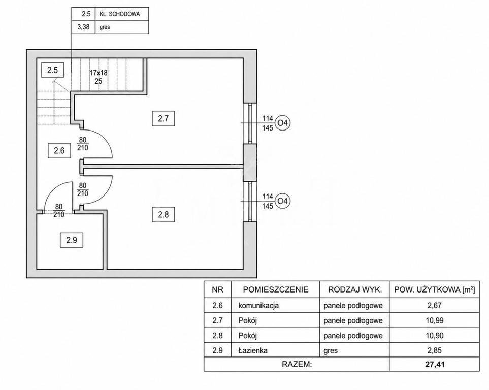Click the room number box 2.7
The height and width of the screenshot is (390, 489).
click(163, 118)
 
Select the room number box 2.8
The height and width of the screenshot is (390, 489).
click(163, 215)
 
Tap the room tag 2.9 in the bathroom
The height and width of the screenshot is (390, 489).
click(72, 240)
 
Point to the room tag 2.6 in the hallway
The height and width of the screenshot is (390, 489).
click(59, 151)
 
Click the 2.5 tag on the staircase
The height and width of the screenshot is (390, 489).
click(52, 70)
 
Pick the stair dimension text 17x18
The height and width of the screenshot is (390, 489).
click(98, 73)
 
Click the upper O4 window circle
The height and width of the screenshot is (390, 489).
click(282, 123)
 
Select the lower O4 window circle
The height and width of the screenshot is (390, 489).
click(282, 201)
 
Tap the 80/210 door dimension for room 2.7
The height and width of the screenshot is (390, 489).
click(83, 144)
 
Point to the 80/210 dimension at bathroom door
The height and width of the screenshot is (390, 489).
click(59, 211)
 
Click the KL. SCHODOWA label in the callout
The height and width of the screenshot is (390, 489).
click(119, 14)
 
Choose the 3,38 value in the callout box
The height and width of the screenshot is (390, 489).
click(83, 27)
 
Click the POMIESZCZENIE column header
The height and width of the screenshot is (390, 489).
click(276, 289)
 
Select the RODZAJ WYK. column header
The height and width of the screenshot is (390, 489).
click(355, 289)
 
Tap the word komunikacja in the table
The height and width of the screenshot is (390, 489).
click(258, 305)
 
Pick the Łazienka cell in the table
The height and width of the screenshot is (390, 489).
click(253, 350)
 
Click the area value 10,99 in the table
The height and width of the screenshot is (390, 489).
click(435, 321)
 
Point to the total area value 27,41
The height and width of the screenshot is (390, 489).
click(435, 364)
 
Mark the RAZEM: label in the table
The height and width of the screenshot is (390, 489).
click(297, 364)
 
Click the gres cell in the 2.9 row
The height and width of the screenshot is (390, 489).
click(331, 351)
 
